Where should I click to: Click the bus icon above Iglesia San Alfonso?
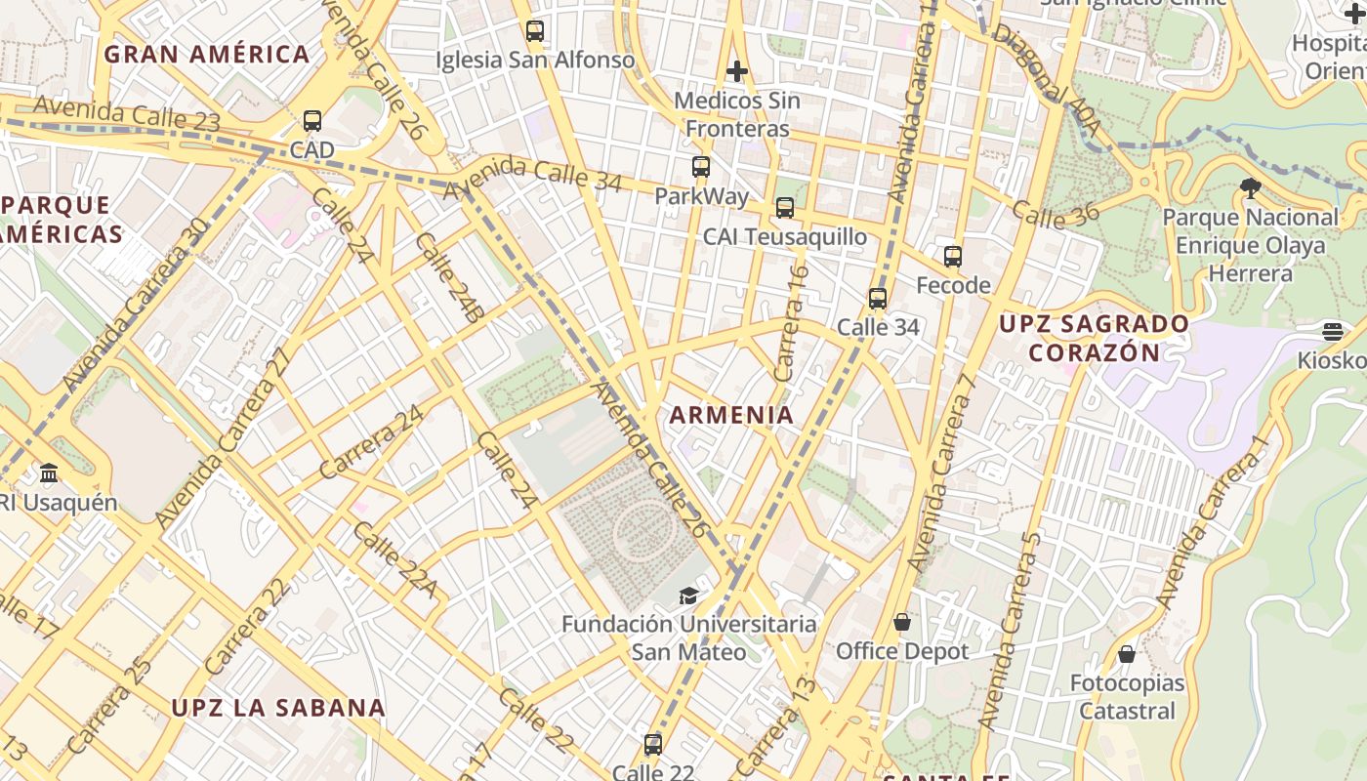pyautogui.click(x=534, y=31)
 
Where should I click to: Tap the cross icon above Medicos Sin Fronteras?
pyautogui.click(x=737, y=71)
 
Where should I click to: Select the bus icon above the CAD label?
pyautogui.click(x=312, y=121)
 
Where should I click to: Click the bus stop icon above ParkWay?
pyautogui.click(x=700, y=167)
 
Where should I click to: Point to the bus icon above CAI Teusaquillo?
pyautogui.click(x=785, y=208)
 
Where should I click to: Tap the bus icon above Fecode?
pyautogui.click(x=953, y=257)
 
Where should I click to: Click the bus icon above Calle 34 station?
pyautogui.click(x=878, y=299)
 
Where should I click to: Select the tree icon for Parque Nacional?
pyautogui.click(x=1250, y=187)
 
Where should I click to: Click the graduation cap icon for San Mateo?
pyautogui.click(x=688, y=595)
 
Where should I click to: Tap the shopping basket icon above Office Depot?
pyautogui.click(x=902, y=622)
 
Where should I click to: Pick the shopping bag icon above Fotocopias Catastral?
pyautogui.click(x=1127, y=653)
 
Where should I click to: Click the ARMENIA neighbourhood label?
pyautogui.click(x=731, y=415)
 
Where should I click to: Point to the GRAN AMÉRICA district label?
pyautogui.click(x=207, y=55)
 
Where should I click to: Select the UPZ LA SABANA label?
pyautogui.click(x=278, y=708)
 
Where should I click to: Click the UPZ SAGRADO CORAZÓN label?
pyautogui.click(x=1095, y=338)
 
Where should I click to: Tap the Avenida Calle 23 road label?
pyautogui.click(x=127, y=114)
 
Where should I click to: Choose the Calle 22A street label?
pyautogui.click(x=394, y=558)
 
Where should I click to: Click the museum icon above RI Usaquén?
pyautogui.click(x=49, y=474)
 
